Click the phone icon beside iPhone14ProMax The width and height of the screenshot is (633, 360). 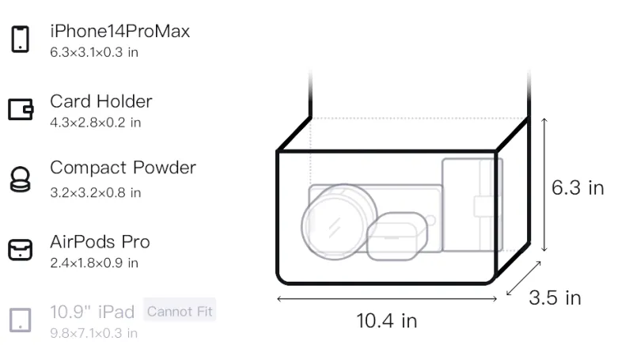point(21,39)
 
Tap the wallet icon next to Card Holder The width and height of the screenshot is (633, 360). point(21,109)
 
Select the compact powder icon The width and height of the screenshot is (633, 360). point(20,179)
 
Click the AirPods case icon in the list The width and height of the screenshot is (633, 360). point(21,250)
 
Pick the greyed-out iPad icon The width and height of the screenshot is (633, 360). point(21,320)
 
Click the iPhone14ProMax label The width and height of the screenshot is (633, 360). point(120,31)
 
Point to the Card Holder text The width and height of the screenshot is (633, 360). point(101,101)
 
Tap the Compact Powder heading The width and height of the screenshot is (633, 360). point(123,168)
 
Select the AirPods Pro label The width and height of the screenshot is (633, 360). point(100,242)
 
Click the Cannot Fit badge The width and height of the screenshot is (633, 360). point(180,311)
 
